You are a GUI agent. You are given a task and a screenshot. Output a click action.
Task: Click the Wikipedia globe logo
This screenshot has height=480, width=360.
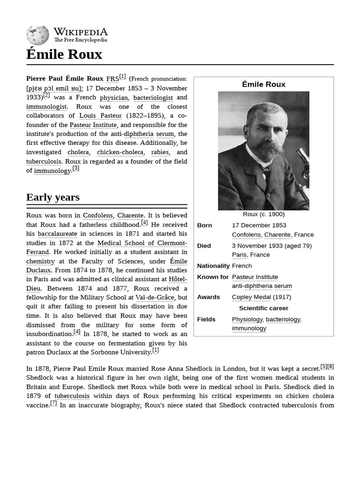point(37,36)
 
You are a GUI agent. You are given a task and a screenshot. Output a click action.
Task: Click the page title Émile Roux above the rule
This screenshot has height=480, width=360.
point(64,54)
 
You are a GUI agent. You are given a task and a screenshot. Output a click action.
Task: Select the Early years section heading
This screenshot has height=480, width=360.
point(53,197)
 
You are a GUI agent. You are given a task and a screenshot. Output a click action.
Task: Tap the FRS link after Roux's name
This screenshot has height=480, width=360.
point(112,79)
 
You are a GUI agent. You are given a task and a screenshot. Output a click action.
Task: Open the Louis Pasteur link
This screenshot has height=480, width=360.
point(100,116)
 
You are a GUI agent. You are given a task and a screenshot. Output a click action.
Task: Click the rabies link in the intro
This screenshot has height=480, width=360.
point(160,152)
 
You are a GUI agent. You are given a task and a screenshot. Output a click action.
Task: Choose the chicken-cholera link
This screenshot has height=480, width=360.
point(121,152)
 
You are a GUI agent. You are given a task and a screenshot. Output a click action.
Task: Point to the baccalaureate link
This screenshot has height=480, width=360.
point(57,234)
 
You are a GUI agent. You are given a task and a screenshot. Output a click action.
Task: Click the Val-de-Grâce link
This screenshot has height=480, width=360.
point(155,298)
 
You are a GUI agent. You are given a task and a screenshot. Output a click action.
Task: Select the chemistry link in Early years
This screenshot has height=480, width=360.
point(40,262)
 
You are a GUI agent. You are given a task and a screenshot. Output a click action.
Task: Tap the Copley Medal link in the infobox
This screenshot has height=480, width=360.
point(251,297)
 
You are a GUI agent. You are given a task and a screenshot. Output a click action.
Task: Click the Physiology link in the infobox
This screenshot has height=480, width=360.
point(247,319)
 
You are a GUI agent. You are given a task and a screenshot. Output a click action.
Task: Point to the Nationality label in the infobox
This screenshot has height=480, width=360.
point(213,266)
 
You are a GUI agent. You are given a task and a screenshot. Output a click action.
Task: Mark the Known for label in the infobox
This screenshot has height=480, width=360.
point(213,277)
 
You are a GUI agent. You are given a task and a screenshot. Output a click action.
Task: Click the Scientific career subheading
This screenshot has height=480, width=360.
point(263,308)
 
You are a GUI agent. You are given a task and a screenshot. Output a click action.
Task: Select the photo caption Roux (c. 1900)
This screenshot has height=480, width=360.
point(263,214)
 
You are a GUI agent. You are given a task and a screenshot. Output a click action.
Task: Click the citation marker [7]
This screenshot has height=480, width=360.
point(53,404)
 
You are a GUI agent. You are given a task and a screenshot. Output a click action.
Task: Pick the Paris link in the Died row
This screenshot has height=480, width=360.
point(240,255)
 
